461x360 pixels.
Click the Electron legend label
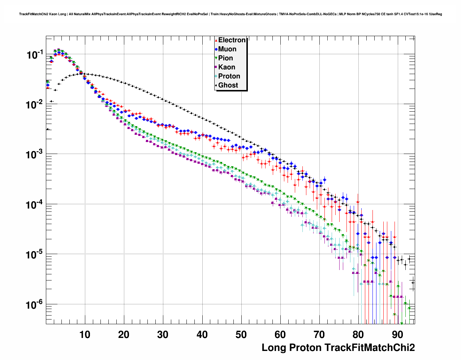pos(232,40)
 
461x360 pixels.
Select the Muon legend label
pos(227,49)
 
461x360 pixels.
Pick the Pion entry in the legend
pos(226,58)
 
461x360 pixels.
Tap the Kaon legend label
pos(227,67)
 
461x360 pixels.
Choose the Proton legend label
pos(229,76)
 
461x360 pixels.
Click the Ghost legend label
pos(228,85)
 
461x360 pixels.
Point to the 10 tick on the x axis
pos(85,335)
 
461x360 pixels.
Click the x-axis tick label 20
pos(124,335)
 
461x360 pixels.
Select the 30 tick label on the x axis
pos(163,335)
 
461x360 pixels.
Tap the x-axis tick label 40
pos(202,335)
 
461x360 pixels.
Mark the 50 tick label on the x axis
pos(241,335)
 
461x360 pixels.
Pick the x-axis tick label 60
pos(280,335)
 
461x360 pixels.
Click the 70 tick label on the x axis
pos(319,335)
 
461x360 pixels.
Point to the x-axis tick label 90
pos(398,335)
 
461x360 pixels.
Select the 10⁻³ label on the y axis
pos(35,155)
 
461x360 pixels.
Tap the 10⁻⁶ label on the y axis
pos(35,305)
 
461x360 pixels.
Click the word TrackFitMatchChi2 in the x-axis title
pos(370,348)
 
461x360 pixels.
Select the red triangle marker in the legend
pos(216,40)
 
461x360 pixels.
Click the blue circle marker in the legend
pos(216,49)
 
